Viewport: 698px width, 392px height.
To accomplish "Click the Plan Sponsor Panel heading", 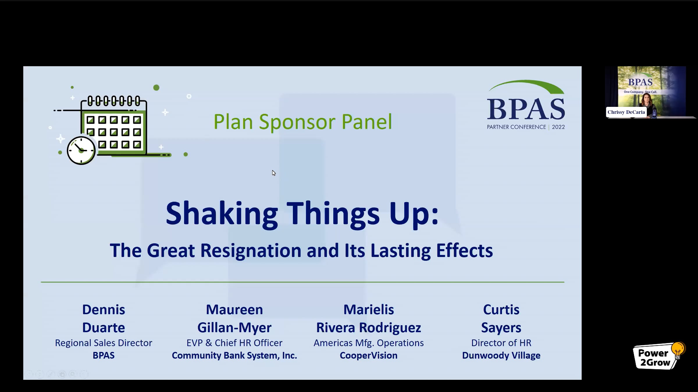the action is (x=303, y=122).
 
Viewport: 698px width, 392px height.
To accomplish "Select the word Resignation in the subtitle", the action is (x=251, y=251).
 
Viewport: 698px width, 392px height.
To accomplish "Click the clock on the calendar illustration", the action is (x=81, y=150).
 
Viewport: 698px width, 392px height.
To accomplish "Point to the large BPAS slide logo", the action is (x=526, y=100).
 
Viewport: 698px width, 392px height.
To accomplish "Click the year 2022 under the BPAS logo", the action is (x=558, y=127).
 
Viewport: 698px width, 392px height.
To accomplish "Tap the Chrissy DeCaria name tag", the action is (x=626, y=112).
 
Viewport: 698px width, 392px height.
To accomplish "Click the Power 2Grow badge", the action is (x=659, y=356).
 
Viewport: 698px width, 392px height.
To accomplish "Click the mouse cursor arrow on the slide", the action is (x=274, y=173).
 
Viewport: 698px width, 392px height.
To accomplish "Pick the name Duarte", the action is (x=104, y=328).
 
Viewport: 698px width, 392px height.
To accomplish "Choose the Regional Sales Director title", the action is (x=104, y=343).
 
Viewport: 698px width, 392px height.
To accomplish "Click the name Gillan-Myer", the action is (x=234, y=328).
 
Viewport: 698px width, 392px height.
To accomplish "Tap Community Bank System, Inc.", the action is (x=234, y=356).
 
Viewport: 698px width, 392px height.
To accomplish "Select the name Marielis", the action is (x=368, y=310).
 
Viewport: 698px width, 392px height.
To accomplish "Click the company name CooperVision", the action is (x=368, y=355).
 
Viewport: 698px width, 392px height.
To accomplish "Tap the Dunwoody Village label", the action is (x=501, y=356).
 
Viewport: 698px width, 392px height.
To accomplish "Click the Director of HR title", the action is (x=501, y=343).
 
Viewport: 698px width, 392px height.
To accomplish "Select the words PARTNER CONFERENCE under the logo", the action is (x=517, y=127).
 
